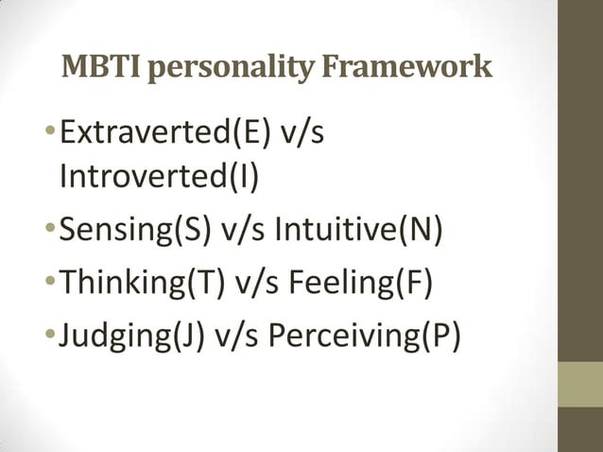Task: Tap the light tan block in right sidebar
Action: tap(579, 386)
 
